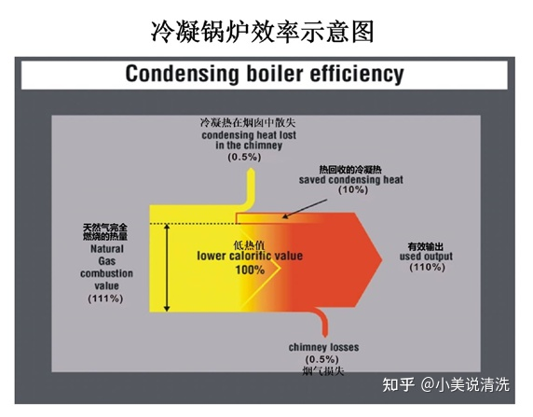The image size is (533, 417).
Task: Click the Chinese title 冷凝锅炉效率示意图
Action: coord(262,32)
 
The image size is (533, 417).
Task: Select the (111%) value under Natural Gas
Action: coord(105,299)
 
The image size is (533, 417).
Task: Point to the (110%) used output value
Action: coord(427,267)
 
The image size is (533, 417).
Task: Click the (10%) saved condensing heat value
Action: coord(353,189)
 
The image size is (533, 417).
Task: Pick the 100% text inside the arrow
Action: coord(250,270)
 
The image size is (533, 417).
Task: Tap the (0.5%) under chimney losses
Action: coord(321,359)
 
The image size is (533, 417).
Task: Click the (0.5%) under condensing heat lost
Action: coord(244,157)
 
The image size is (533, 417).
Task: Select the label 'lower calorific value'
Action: coord(250,256)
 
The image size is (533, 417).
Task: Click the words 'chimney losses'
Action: coord(323,347)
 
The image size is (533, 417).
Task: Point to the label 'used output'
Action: coord(426,256)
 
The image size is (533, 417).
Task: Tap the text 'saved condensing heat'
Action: coord(351,179)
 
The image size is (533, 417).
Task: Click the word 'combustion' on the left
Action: coord(106,273)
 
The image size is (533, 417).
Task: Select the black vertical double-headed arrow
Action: coord(167,267)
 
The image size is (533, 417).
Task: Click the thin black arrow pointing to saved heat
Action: coord(305,209)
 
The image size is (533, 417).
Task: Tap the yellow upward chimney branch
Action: coord(250,187)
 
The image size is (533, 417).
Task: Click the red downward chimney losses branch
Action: coord(322,322)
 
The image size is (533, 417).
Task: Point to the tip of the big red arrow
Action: coord(382,259)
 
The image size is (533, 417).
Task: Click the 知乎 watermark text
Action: coord(399,385)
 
